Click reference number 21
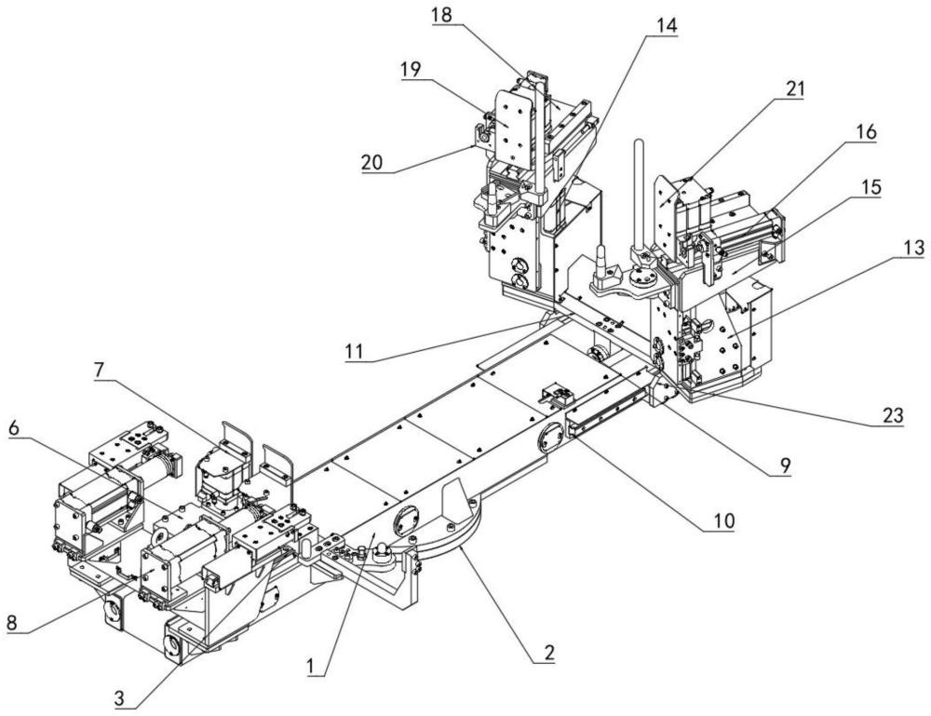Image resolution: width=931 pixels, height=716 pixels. point(794,89)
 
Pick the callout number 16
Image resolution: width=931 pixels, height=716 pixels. point(866,134)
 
